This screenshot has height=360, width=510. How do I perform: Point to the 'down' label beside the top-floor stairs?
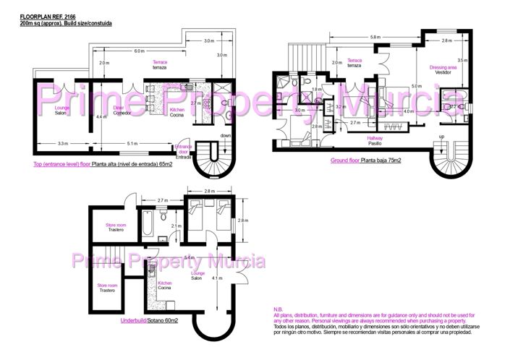pyautogui.click(x=225, y=135)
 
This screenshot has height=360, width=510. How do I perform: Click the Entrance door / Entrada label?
pyautogui.click(x=184, y=150)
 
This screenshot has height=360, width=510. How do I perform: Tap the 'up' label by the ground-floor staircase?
pyautogui.click(x=442, y=136)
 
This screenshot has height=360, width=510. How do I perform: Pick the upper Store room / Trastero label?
pyautogui.click(x=116, y=226)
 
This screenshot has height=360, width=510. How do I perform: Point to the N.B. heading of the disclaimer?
pyautogui.click(x=279, y=309)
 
